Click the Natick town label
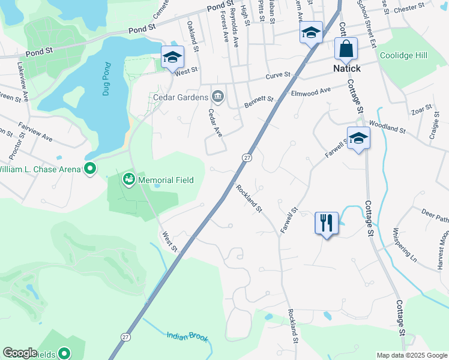pyautogui.click(x=347, y=69)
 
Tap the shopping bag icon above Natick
pyautogui.click(x=346, y=49)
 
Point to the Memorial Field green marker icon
pyautogui.click(x=128, y=179)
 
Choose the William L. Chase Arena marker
pyautogui.click(x=90, y=169)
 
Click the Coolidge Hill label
pyautogui.click(x=403, y=55)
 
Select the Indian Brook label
pyautogui.click(x=187, y=337)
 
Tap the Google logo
pyautogui.click(x=20, y=353)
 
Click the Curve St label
pyautogui.click(x=279, y=76)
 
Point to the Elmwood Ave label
pyautogui.click(x=311, y=92)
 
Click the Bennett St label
pyautogui.click(x=259, y=103)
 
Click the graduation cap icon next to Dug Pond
pyautogui.click(x=172, y=58)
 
